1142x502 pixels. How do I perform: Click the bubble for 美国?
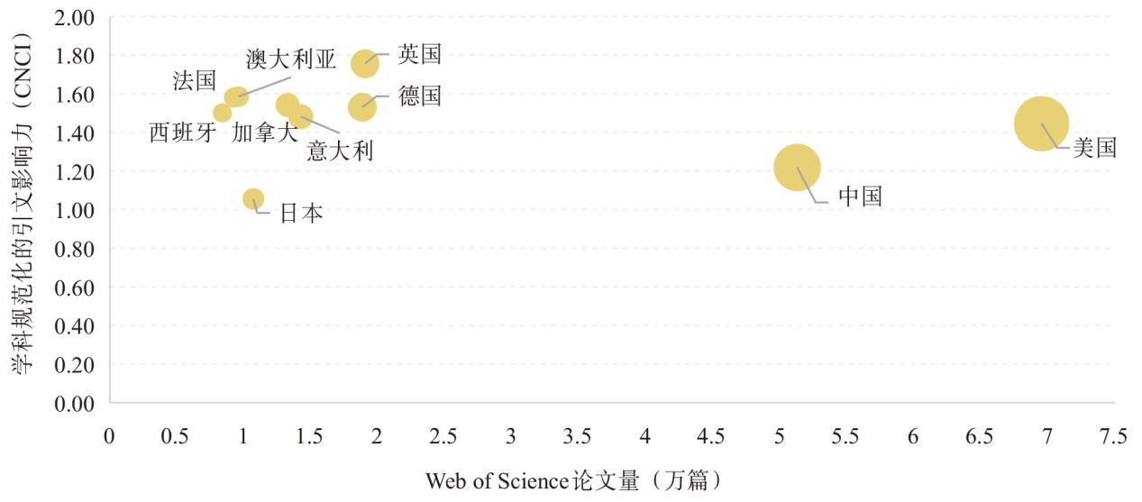click(1041, 123)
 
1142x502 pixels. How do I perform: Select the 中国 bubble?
click(797, 168)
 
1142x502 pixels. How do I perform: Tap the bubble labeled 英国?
click(365, 62)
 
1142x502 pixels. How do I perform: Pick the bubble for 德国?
click(361, 107)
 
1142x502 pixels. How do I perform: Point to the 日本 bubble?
click(253, 199)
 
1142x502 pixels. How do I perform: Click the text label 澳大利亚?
click(290, 60)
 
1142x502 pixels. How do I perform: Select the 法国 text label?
click(195, 80)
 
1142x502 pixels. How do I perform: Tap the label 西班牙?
click(183, 133)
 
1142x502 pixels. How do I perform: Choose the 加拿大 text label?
click(264, 133)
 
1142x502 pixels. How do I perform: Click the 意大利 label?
click(340, 151)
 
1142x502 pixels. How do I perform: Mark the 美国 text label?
click(1094, 148)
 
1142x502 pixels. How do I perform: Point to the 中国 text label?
click(860, 196)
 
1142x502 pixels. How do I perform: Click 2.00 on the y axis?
click(76, 17)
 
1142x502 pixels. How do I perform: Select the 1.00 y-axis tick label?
click(76, 210)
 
